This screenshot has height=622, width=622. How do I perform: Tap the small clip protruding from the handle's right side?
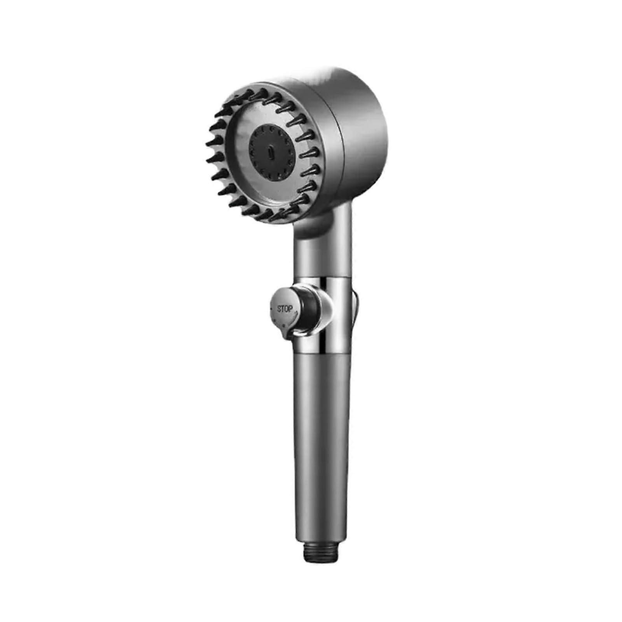355,307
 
